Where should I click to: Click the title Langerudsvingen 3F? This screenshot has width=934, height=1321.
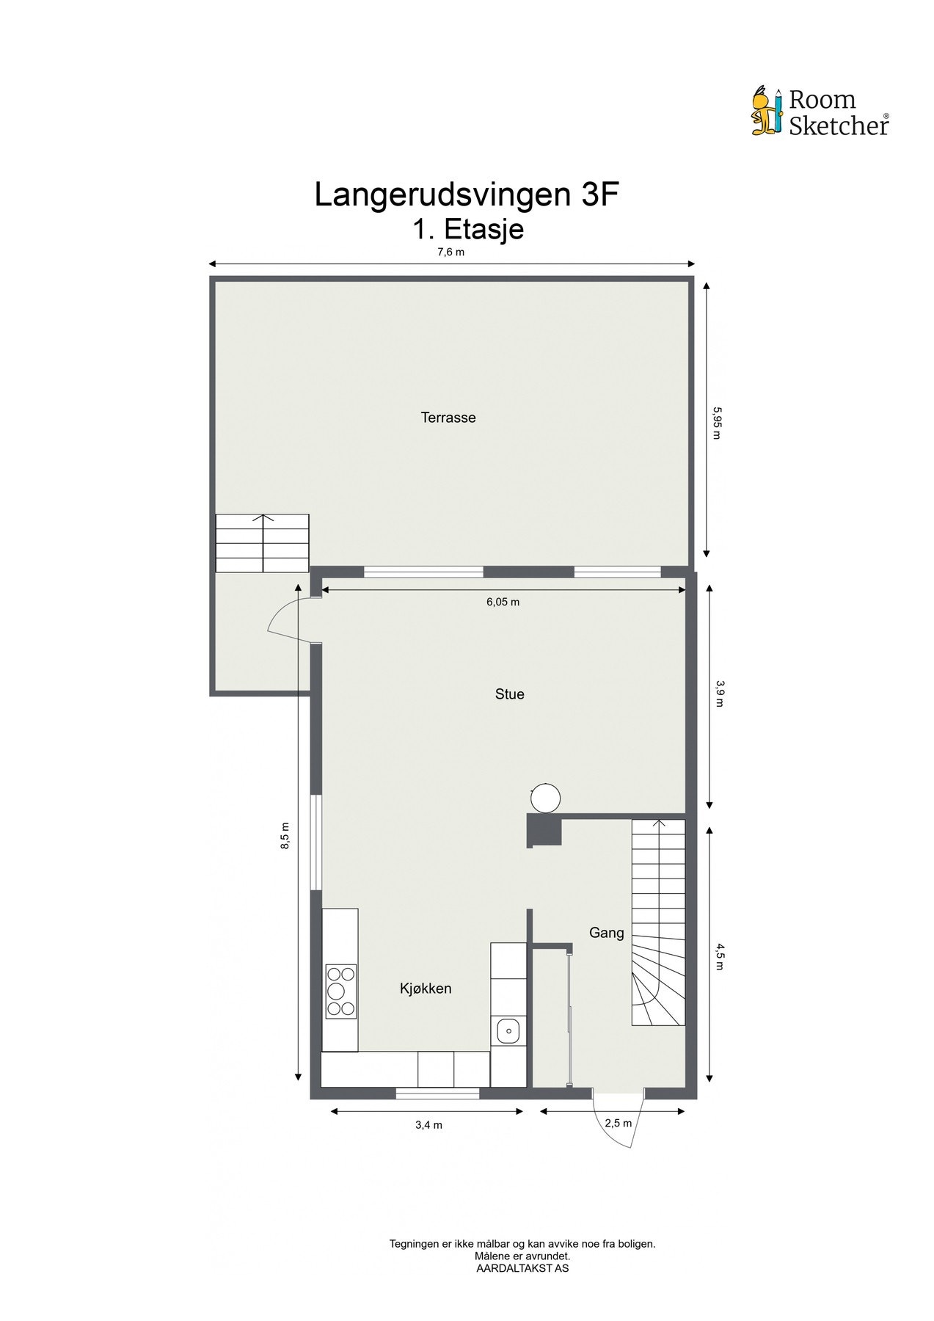pyautogui.click(x=462, y=195)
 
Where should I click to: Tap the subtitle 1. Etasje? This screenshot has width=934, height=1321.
pyautogui.click(x=467, y=229)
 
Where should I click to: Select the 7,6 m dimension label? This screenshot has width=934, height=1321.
pyautogui.click(x=451, y=252)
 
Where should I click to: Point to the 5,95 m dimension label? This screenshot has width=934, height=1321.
pyautogui.click(x=717, y=423)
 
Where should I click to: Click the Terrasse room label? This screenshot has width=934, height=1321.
pyautogui.click(x=448, y=418)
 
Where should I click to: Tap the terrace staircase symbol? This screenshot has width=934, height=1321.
pyautogui.click(x=262, y=543)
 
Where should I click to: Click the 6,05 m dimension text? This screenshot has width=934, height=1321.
pyautogui.click(x=503, y=602)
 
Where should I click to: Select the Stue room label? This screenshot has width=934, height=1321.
pyautogui.click(x=509, y=694)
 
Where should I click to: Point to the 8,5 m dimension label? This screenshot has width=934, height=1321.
pyautogui.click(x=285, y=836)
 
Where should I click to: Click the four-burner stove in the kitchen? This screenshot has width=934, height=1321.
pyautogui.click(x=341, y=991)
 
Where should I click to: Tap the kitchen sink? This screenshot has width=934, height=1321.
pyautogui.click(x=508, y=1031)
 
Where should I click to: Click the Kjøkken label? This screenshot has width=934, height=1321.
pyautogui.click(x=426, y=989)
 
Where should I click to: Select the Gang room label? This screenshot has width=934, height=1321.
pyautogui.click(x=607, y=933)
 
